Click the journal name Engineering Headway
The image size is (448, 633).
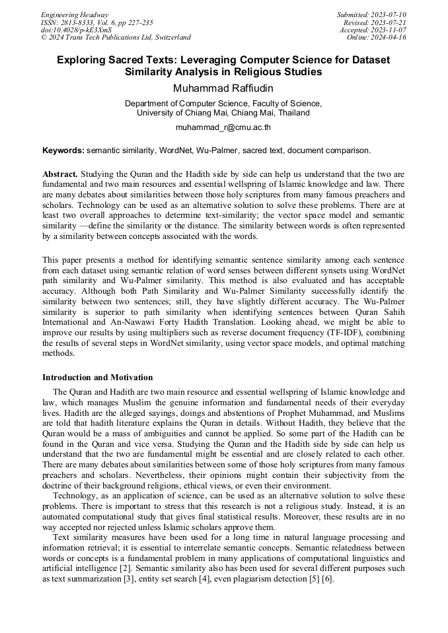pos(75,15)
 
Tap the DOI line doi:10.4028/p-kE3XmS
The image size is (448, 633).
pos(76,30)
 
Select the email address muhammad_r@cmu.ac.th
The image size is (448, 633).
pos(223,127)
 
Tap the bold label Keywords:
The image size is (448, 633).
pos(63,150)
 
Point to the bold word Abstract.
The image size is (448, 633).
pos(60,174)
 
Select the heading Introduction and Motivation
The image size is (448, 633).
pos(97,378)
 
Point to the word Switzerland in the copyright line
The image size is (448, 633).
pos(170,38)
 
